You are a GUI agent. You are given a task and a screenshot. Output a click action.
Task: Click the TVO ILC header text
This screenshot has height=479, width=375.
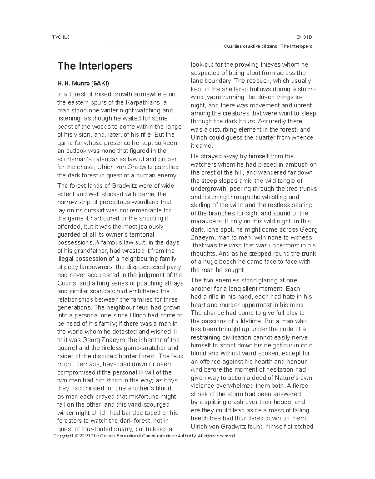61,37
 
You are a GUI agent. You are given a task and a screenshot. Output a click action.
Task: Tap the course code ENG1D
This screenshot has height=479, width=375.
304,37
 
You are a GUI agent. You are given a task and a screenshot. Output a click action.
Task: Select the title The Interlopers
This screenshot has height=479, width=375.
95,66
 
